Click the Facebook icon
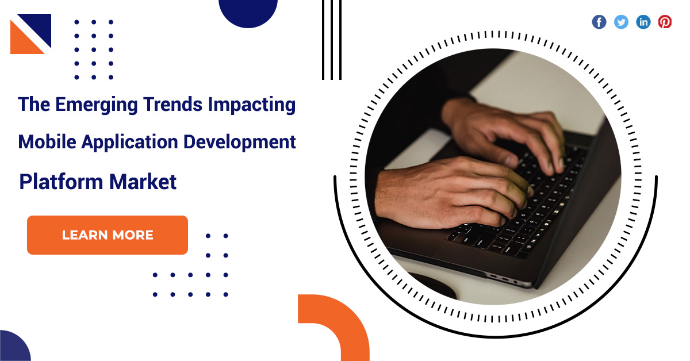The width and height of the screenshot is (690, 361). click(x=599, y=22)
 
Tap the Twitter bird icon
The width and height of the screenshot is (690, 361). click(x=621, y=22)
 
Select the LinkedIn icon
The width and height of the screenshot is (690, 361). click(x=643, y=22)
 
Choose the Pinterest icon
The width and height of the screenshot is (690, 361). click(x=665, y=22)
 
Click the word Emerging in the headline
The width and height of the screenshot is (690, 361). click(x=97, y=105)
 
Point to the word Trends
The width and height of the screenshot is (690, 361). click(x=172, y=104)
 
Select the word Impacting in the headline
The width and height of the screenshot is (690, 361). click(x=252, y=105)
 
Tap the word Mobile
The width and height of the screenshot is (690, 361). click(x=47, y=142)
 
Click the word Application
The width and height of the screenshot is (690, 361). click(x=130, y=143)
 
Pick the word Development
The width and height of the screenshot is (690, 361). click(x=240, y=143)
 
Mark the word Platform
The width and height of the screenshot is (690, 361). click(x=61, y=182)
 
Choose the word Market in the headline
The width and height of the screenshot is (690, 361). click(x=143, y=182)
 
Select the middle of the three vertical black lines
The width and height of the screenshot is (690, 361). click(x=332, y=40)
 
